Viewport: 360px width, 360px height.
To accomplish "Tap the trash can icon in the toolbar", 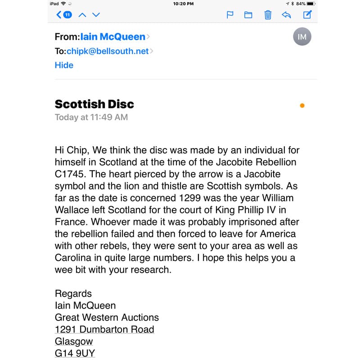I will (x=268, y=15).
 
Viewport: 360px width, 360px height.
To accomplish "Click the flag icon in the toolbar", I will (x=230, y=15).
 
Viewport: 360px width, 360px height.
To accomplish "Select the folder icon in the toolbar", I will (x=248, y=15).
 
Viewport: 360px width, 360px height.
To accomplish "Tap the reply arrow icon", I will (x=286, y=15).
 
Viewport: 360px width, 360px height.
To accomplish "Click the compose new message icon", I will (x=307, y=15).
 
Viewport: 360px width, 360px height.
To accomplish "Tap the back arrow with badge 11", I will (x=63, y=15).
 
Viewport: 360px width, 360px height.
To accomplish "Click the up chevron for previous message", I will (x=82, y=15).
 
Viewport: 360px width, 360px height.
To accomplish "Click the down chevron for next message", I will (x=96, y=15).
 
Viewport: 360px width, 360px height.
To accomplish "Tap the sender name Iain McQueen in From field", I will (x=113, y=37).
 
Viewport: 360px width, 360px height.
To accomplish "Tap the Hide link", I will (x=64, y=65).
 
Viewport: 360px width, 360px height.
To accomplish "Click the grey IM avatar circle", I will (x=302, y=37).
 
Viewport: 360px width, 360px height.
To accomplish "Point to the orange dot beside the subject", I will (x=302, y=106).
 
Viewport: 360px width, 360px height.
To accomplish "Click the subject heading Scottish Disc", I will (x=94, y=104).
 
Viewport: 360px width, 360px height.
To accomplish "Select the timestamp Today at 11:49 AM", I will (x=91, y=117).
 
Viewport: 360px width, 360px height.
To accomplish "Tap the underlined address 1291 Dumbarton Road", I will (x=104, y=329).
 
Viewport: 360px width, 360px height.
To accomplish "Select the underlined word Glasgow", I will (x=74, y=342).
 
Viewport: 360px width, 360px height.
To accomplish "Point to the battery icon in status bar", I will (x=311, y=4).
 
